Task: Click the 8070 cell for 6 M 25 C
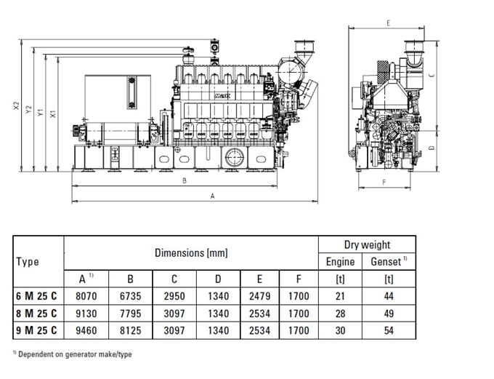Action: (x=86, y=296)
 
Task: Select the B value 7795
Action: (x=130, y=314)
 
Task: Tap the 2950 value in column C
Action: (x=174, y=296)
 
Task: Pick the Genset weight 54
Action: (x=389, y=330)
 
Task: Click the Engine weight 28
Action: (x=340, y=314)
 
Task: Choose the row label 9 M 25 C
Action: (x=36, y=330)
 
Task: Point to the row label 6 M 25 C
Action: (x=36, y=296)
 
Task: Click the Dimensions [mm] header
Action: (x=191, y=252)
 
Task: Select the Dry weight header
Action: (x=367, y=244)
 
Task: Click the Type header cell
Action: (x=28, y=262)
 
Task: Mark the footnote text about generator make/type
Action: (x=73, y=354)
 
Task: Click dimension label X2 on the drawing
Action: (x=17, y=105)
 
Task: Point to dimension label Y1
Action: (x=41, y=112)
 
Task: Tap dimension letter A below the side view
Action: (x=212, y=196)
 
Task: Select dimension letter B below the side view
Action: (x=185, y=181)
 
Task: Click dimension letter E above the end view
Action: (x=388, y=23)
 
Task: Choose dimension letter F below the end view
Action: (x=384, y=182)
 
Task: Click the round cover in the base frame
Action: (x=235, y=157)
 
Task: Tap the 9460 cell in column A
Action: (x=86, y=330)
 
